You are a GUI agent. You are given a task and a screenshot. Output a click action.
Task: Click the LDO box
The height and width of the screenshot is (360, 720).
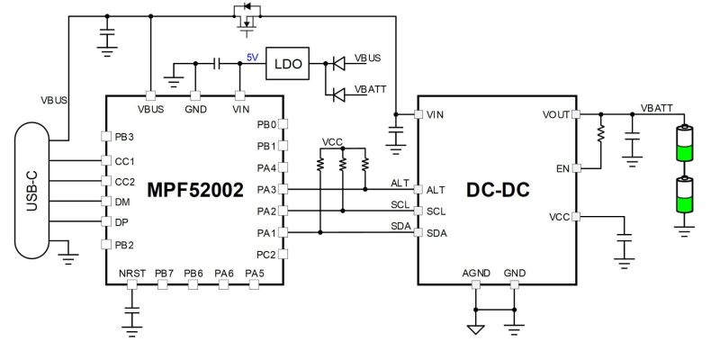click(x=287, y=63)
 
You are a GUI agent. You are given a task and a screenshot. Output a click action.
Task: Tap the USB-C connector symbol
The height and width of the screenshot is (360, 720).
click(x=31, y=191)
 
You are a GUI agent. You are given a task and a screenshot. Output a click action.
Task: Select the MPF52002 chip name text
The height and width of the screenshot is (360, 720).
click(x=195, y=190)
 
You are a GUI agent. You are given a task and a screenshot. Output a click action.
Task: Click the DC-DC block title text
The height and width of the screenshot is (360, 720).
click(x=498, y=190)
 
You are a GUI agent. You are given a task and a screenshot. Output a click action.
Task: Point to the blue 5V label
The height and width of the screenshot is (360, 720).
click(x=253, y=58)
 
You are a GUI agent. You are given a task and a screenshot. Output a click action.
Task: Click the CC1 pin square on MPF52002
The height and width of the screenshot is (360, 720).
click(x=106, y=161)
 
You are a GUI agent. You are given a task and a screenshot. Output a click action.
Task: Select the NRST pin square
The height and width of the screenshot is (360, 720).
click(x=132, y=284)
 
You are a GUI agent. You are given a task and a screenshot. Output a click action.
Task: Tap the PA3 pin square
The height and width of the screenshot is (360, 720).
click(x=283, y=189)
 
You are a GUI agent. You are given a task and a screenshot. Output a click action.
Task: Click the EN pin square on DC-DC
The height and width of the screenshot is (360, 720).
click(x=576, y=168)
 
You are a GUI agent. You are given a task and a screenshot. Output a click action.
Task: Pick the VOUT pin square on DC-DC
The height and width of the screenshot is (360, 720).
click(x=576, y=114)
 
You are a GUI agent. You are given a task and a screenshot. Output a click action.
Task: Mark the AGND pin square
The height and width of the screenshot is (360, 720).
click(x=476, y=284)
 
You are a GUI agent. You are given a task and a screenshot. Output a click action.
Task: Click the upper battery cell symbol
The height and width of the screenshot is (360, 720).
click(x=684, y=143)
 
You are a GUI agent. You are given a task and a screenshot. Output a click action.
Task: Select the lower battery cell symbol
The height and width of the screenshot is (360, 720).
click(x=684, y=194)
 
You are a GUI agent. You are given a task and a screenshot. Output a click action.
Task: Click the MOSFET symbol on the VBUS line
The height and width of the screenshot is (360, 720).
click(x=247, y=18)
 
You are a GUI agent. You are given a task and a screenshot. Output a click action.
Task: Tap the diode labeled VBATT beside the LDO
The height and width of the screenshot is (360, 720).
click(x=339, y=95)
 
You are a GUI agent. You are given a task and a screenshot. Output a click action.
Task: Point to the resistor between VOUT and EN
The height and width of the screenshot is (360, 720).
click(x=600, y=133)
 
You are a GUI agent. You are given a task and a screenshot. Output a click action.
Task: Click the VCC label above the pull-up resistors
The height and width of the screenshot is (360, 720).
click(x=332, y=142)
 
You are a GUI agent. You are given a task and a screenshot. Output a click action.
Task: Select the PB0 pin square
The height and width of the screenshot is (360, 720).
click(x=283, y=123)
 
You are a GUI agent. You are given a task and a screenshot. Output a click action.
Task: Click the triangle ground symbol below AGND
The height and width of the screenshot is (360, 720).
click(x=476, y=328)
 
